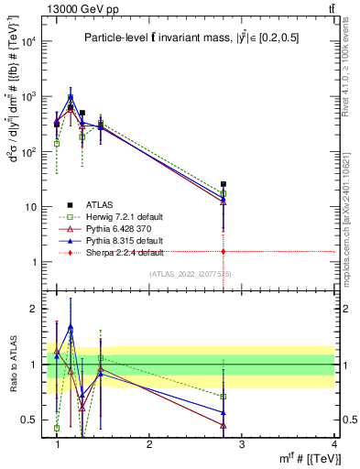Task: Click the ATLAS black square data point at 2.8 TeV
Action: pyautogui.click(x=224, y=184)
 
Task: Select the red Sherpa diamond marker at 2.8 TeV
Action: pyautogui.click(x=224, y=251)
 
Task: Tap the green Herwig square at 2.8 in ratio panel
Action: pyautogui.click(x=224, y=397)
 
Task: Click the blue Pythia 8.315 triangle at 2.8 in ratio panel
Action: pyautogui.click(x=224, y=412)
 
